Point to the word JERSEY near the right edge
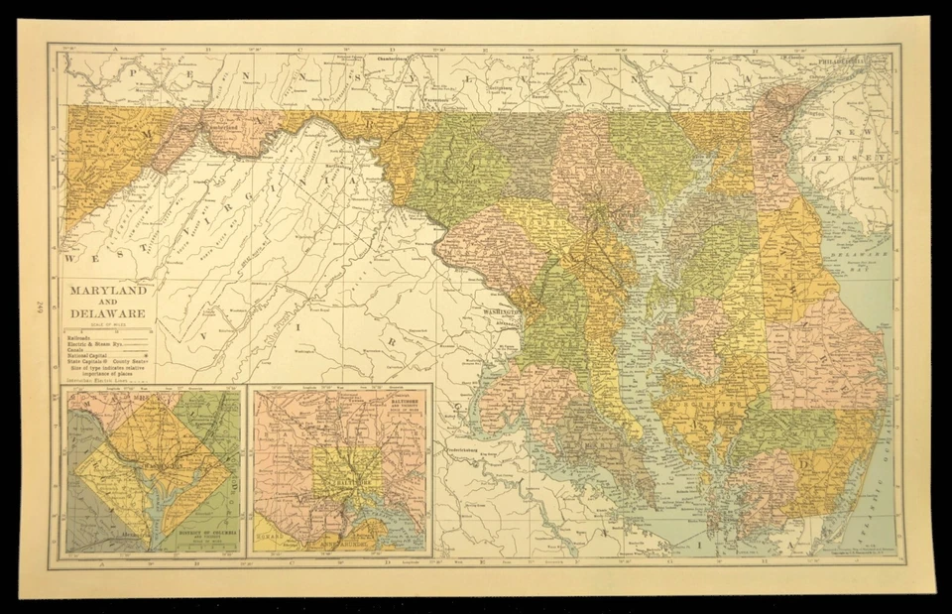868,159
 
